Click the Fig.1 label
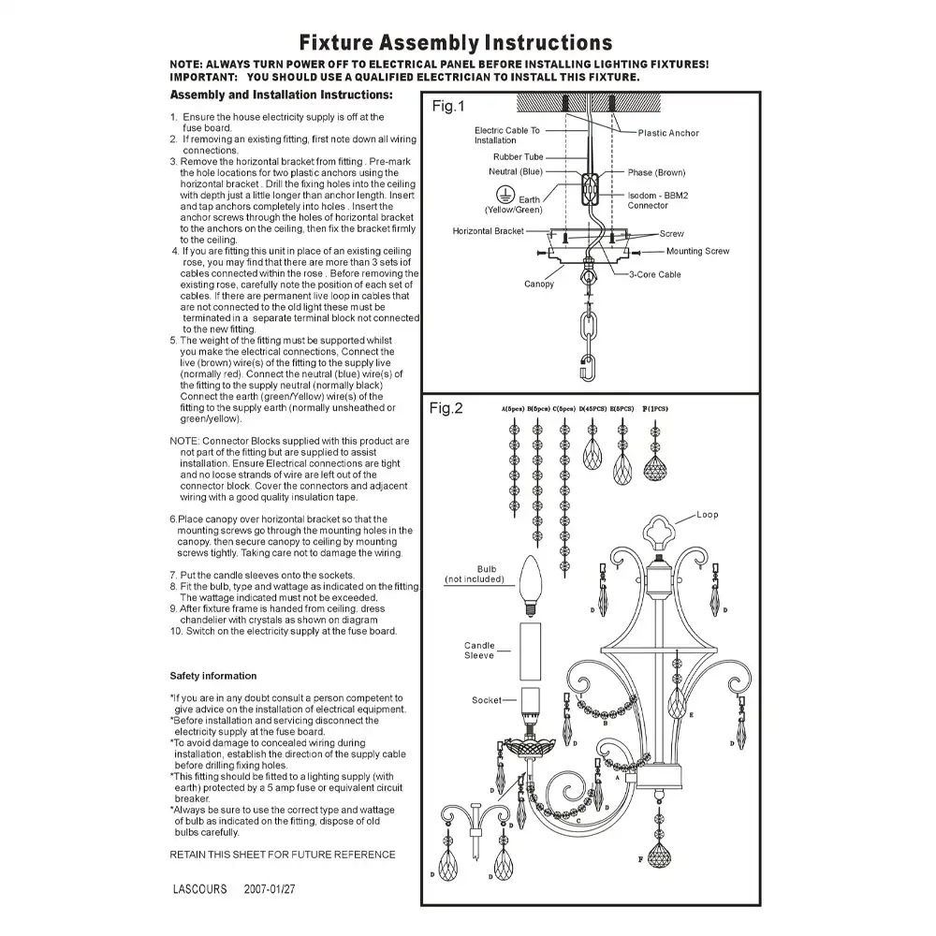447,107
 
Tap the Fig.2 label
447,408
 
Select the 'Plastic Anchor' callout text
668,133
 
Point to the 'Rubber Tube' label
519,157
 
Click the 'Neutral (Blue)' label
516,172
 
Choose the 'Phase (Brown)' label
656,172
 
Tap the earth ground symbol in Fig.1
502,192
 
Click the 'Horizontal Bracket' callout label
489,231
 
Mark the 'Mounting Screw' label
697,251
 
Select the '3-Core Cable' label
655,275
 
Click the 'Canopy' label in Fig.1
539,284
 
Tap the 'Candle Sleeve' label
479,651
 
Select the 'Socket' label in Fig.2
487,700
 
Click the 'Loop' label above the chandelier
708,515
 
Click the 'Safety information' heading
212,676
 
